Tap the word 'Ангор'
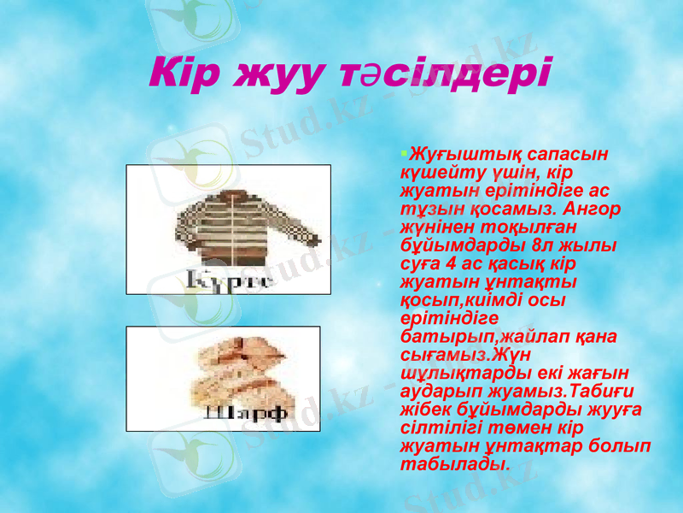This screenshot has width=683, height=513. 592,209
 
